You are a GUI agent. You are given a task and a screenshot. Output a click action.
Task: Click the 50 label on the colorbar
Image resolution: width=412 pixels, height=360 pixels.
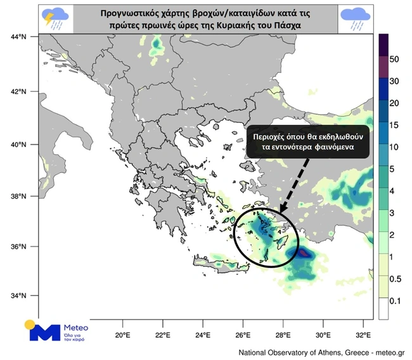tap(394, 60)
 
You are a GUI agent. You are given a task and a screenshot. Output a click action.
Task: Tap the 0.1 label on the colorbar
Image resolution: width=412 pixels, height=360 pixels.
tap(395, 300)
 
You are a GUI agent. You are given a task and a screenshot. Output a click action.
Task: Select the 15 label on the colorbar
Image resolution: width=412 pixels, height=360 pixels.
tap(394, 125)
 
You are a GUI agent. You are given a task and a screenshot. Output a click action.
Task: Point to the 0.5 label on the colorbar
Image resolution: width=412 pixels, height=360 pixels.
tap(395, 279)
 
